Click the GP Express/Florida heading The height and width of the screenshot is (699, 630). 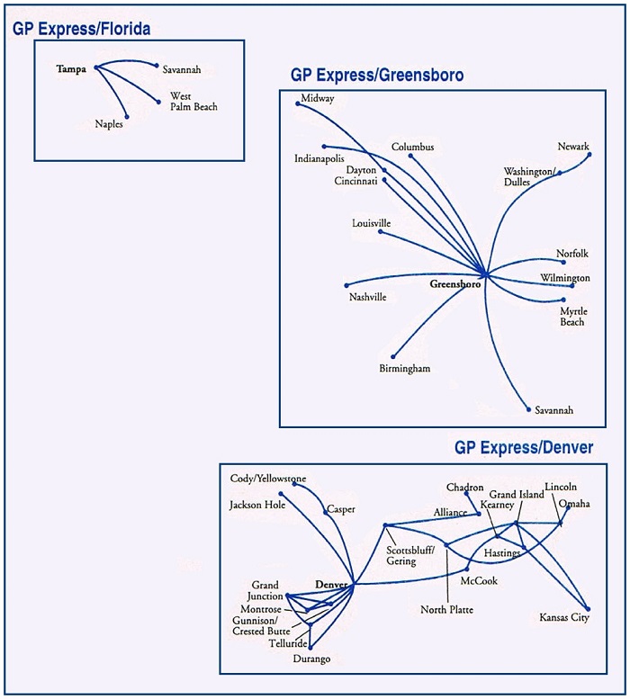pos(81,30)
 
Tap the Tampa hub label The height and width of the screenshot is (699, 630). pos(71,68)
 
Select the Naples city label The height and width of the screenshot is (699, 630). pos(109,124)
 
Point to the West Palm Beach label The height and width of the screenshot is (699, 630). pos(193,101)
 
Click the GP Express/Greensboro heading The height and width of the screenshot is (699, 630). pos(377,76)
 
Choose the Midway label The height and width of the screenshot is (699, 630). pos(318,98)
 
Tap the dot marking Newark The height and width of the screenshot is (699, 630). pos(589,155)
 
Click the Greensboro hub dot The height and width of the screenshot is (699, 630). pos(484,273)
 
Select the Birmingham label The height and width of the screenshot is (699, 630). pos(404,369)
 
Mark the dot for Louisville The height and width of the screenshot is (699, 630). pos(380,231)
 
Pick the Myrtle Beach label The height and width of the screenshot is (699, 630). pos(572,317)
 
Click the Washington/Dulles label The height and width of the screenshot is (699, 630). pos(529,176)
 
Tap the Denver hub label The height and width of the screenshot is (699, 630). pos(331,585)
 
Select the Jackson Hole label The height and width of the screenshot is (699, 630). pos(257,505)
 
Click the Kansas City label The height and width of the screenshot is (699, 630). pos(564,617)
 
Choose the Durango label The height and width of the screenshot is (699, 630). pos(311,659)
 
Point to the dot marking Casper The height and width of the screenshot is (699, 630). pos(326,514)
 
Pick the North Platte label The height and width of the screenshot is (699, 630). pos(446,610)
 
